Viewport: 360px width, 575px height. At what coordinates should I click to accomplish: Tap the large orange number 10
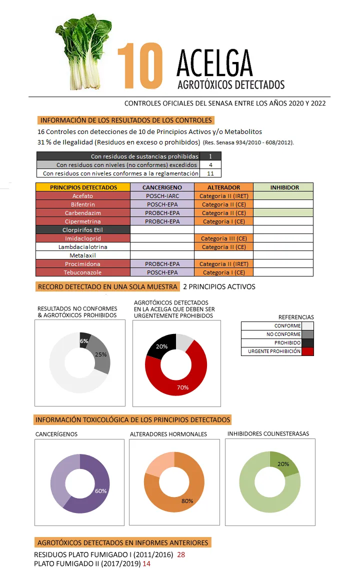(140, 65)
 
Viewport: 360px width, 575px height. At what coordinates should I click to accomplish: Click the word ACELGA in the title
(214, 63)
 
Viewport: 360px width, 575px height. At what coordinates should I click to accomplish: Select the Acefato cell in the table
(82, 196)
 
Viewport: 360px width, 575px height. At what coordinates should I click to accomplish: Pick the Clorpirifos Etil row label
(82, 230)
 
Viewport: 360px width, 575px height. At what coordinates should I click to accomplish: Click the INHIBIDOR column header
(283, 187)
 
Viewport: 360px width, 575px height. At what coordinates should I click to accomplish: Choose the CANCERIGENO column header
(161, 187)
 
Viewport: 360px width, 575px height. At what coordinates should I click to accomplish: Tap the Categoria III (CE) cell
(223, 238)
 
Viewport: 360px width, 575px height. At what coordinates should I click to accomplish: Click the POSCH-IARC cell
(161, 196)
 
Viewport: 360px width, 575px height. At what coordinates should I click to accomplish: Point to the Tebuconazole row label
(82, 272)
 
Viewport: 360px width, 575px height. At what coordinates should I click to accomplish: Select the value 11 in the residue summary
(210, 173)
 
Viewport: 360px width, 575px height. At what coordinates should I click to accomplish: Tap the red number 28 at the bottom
(181, 554)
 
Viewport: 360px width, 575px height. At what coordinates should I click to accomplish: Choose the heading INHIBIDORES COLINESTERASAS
(268, 433)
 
